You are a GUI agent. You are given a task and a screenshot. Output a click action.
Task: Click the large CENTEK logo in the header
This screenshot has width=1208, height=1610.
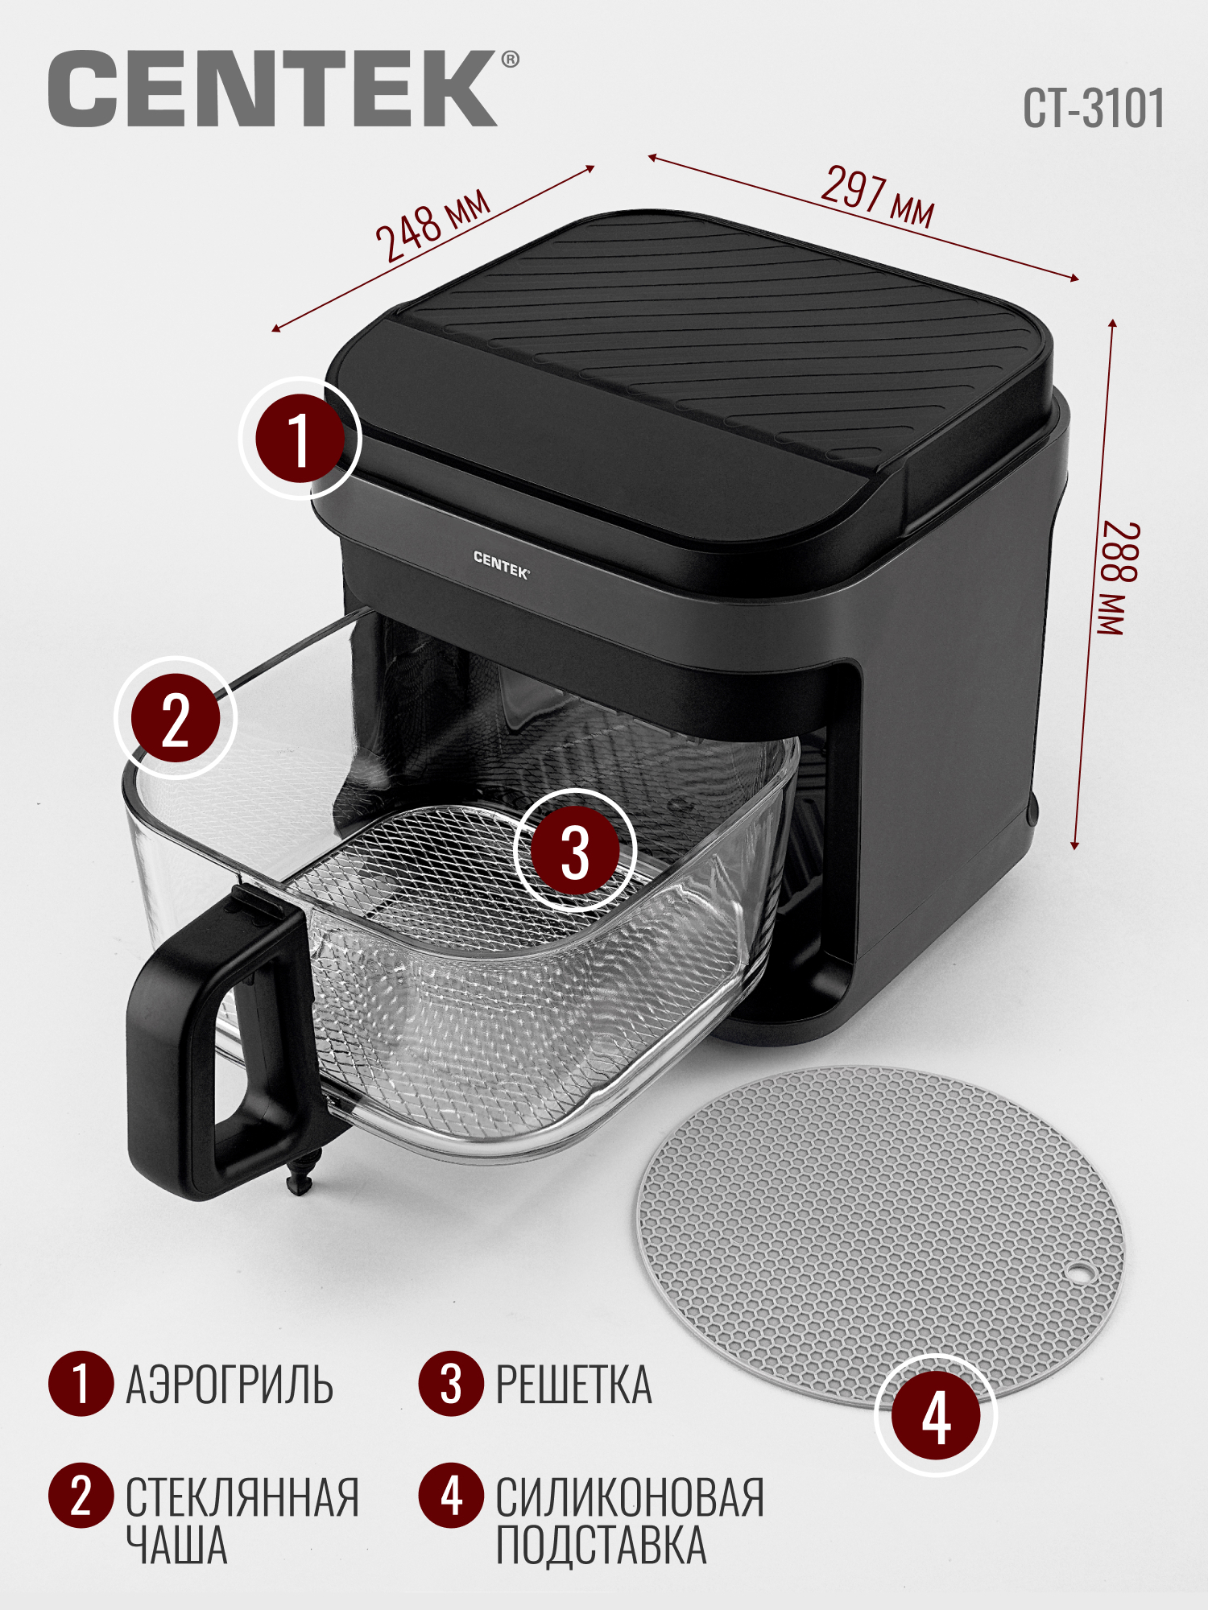(272, 89)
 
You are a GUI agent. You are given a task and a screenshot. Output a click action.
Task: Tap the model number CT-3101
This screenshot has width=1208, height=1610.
(1094, 109)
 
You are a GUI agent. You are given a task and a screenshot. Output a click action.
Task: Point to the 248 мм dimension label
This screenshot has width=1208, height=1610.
(433, 225)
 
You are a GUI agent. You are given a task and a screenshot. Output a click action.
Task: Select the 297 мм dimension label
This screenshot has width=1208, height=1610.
(878, 197)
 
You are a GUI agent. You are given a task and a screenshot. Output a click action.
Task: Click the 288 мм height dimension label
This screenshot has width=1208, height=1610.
(1120, 579)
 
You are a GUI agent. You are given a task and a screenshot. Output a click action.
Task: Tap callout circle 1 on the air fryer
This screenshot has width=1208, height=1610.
(300, 439)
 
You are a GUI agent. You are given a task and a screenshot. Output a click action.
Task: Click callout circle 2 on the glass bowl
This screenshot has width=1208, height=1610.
(176, 718)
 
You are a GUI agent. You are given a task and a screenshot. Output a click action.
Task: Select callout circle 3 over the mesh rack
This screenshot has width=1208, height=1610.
(575, 850)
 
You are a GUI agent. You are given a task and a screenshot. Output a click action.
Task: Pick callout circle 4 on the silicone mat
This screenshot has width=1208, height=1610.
(936, 1415)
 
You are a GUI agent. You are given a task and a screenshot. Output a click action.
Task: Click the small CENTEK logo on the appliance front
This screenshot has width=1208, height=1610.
(501, 565)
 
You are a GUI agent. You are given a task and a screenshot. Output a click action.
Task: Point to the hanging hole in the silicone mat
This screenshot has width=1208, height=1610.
(1078, 1274)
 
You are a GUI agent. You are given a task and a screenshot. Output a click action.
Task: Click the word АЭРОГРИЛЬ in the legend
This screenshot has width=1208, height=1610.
(230, 1385)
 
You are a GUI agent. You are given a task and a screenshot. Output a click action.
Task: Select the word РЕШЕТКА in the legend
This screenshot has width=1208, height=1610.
(573, 1385)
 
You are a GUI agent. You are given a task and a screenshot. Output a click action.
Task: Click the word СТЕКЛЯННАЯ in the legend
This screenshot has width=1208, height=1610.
(242, 1497)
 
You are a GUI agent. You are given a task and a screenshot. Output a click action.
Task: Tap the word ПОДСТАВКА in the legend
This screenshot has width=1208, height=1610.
(601, 1546)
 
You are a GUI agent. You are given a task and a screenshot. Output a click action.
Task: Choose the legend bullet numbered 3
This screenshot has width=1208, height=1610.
(451, 1383)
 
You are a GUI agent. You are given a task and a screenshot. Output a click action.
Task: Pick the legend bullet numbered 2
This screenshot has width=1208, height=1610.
(81, 1496)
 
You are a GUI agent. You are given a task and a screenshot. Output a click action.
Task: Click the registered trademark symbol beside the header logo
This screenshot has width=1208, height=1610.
(510, 60)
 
